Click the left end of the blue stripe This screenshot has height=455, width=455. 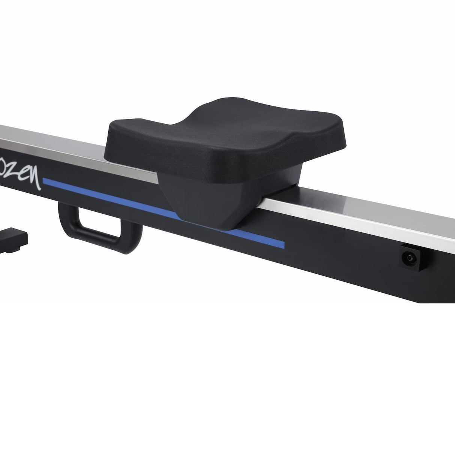click(46, 182)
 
